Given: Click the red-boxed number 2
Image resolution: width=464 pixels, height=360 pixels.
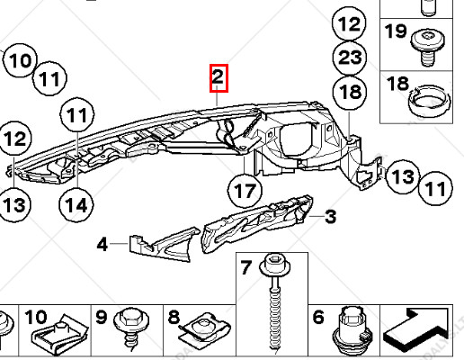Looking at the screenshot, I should tap(219, 78).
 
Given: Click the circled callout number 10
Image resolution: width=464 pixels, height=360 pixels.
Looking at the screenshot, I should tap(22, 62).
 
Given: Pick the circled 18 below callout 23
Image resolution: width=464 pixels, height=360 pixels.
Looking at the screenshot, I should tap(351, 92).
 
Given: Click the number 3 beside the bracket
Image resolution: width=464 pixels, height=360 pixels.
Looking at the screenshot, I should tap(330, 216).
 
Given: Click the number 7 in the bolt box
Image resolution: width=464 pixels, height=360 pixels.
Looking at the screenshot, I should tap(245, 268).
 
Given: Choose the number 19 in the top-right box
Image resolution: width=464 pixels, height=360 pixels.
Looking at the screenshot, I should tap(396, 32).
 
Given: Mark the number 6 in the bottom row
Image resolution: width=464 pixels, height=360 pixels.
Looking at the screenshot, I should tap(317, 317).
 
